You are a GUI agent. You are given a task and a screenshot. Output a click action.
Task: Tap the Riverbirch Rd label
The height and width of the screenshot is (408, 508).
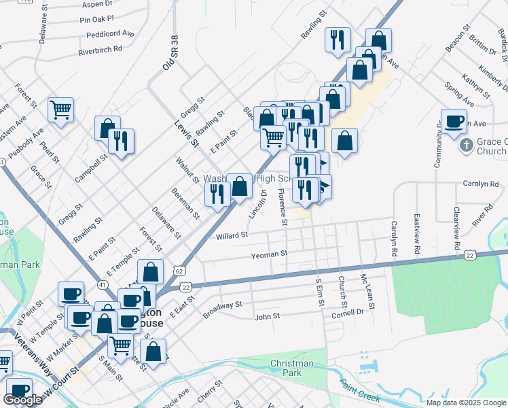tap(100, 49)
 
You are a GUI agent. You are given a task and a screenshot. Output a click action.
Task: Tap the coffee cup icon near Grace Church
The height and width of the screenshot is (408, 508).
tap(454, 121)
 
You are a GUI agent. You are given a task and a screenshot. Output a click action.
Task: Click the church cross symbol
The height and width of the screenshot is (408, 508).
tap(466, 146)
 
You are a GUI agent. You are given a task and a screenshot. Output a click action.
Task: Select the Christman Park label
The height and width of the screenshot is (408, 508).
tap(292, 368)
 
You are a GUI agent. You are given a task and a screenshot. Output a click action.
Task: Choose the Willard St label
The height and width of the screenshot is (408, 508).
tap(232, 235)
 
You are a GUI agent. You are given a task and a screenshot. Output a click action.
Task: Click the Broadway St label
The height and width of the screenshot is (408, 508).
tap(223, 309)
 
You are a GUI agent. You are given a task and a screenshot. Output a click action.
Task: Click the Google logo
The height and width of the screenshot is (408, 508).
tap(23, 400)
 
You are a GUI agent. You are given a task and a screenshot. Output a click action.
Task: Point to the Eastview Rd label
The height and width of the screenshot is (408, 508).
tap(416, 235)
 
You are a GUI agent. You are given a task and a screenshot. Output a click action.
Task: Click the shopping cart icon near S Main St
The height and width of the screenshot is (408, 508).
tap(121, 345)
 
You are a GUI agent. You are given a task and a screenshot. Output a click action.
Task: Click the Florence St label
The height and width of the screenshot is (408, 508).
tap(281, 207)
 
